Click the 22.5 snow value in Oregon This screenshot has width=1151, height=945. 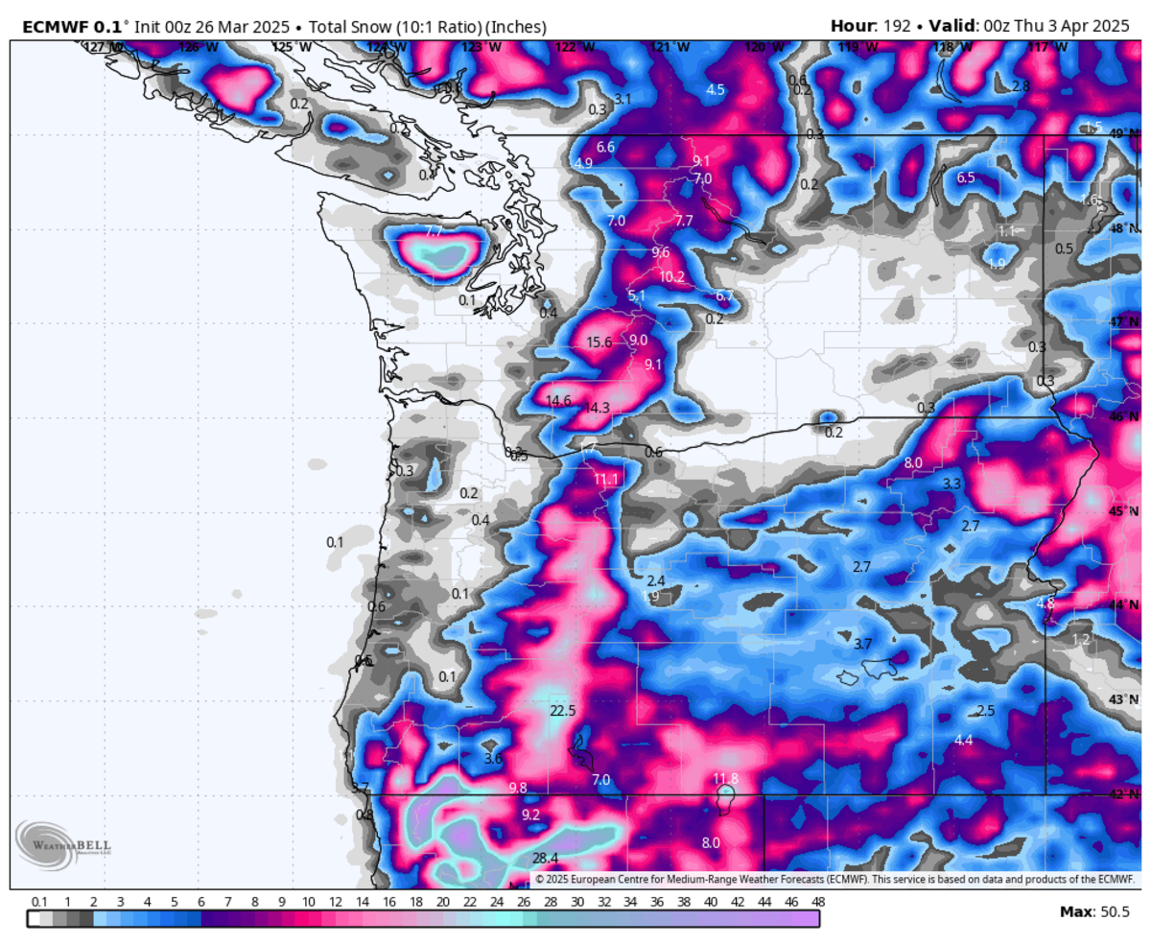[x=562, y=711]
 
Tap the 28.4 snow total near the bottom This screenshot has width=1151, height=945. [x=545, y=858]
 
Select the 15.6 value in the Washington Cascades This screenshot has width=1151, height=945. [x=599, y=343]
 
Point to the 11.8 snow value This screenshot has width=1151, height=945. [x=726, y=778]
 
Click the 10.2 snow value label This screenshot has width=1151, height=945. [x=671, y=276]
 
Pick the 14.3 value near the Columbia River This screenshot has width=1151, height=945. [x=597, y=408]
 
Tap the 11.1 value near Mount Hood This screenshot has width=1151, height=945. [x=606, y=479]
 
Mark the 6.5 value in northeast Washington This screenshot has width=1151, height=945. [x=966, y=177]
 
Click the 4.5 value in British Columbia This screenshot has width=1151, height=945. [x=716, y=89]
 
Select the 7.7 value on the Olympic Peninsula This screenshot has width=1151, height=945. [x=433, y=231]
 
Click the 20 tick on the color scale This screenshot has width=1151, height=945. [x=442, y=902]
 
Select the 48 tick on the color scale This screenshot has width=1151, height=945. [x=818, y=902]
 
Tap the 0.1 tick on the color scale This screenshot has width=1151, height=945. [x=39, y=902]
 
